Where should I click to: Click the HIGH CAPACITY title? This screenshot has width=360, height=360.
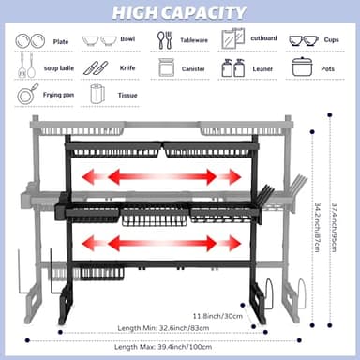(179, 12)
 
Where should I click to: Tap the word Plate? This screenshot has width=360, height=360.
(61, 42)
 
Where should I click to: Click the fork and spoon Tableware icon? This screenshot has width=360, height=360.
(164, 40)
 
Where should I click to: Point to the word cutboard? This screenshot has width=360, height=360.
(263, 39)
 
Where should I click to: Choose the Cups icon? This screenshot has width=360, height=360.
(303, 41)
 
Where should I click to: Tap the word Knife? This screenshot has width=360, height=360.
(127, 68)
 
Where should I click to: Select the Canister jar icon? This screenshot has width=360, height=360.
(166, 67)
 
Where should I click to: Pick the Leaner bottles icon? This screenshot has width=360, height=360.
(233, 67)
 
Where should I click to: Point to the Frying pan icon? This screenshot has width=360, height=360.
(28, 94)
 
